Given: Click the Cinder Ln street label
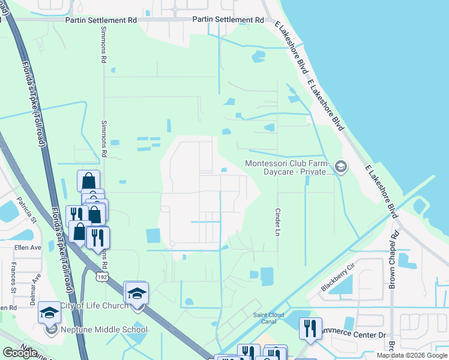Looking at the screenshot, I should [277, 222].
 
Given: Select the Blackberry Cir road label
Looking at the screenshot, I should [338, 277].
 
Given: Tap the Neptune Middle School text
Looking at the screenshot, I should [104, 329].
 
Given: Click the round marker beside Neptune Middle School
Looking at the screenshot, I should [50, 329].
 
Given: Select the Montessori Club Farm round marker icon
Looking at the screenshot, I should [341, 166].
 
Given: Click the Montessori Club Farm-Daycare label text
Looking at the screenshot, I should [289, 167].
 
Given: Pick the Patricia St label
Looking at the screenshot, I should [26, 208].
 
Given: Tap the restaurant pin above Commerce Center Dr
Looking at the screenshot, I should [310, 328].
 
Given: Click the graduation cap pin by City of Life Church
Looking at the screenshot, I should [136, 293].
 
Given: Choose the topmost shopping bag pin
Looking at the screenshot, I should [88, 181].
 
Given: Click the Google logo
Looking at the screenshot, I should [20, 353].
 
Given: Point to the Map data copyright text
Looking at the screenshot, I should [411, 355].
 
